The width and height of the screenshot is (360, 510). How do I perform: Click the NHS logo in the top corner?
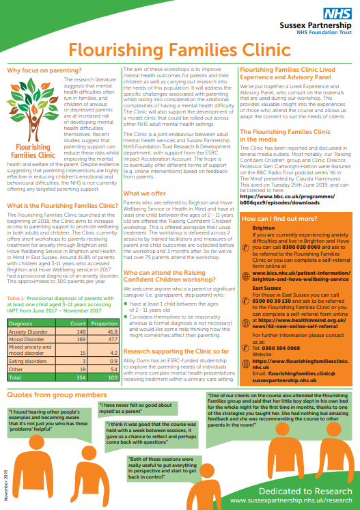pos(340,14)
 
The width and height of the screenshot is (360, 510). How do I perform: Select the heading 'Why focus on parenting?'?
pos(40,70)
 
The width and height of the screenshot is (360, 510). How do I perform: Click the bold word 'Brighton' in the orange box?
pos(263,228)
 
